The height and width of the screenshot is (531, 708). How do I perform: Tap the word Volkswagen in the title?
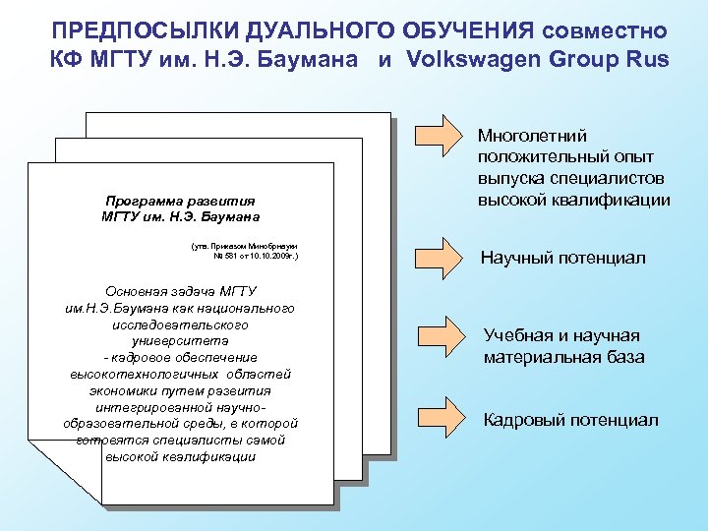478,57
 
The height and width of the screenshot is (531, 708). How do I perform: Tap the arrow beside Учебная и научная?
439,337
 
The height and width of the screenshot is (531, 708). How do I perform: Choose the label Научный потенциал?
562,258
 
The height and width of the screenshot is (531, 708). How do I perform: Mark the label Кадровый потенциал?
570,420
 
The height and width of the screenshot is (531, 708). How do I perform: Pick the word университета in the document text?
180,340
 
